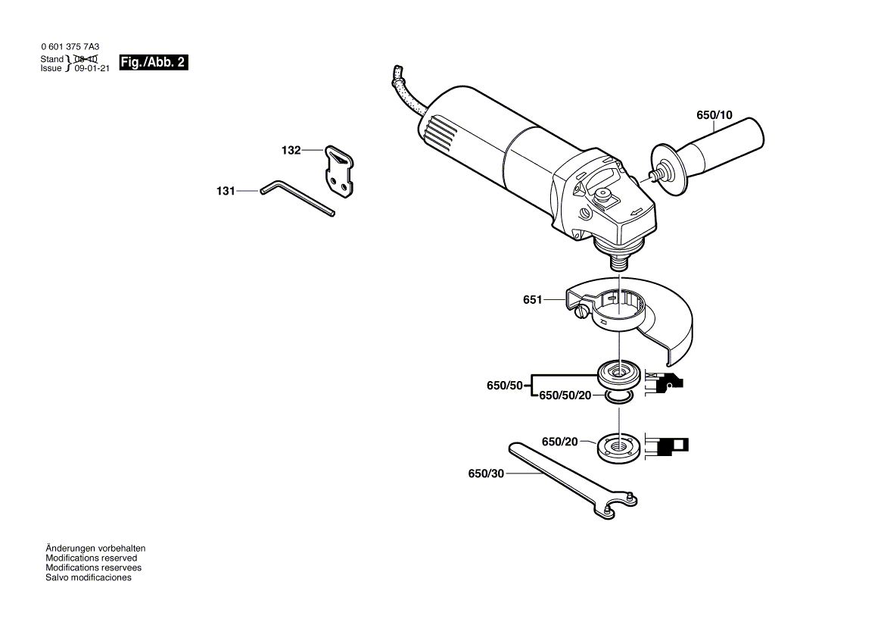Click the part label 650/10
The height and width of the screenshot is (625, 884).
click(714, 116)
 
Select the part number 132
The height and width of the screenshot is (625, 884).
click(291, 151)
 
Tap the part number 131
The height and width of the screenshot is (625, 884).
click(226, 192)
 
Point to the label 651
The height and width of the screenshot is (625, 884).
click(532, 300)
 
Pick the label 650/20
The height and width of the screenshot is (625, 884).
click(559, 442)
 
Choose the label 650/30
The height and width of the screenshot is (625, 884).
click(485, 473)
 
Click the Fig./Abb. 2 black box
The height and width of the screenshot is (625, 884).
click(154, 62)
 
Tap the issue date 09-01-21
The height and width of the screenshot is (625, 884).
click(92, 68)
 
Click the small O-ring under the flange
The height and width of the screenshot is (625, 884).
click(619, 397)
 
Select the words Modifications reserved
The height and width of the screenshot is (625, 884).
click(91, 558)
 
